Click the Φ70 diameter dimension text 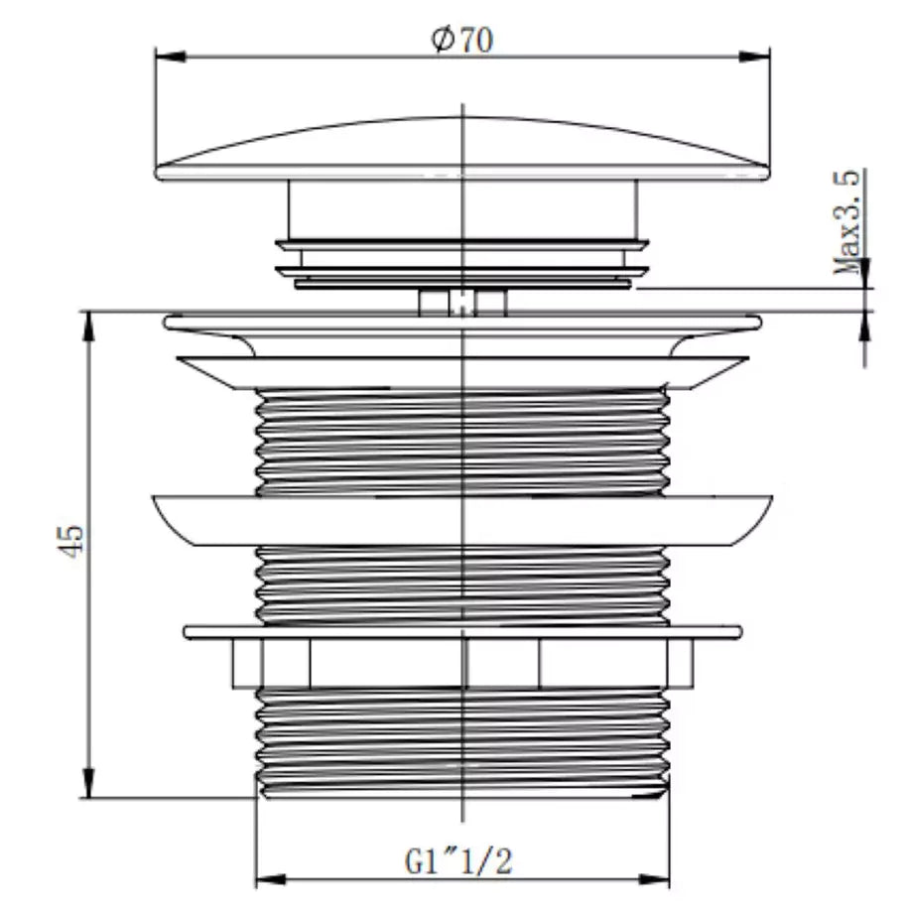click(461, 40)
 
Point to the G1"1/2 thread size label click(458, 859)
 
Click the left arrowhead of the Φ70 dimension click(166, 57)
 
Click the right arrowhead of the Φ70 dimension click(760, 57)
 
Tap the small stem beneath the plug click(462, 302)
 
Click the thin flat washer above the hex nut click(461, 632)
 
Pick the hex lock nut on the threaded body click(461, 663)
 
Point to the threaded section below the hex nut click(461, 739)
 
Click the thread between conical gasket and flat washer click(461, 586)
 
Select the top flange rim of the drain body click(461, 323)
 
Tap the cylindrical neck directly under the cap click(461, 208)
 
